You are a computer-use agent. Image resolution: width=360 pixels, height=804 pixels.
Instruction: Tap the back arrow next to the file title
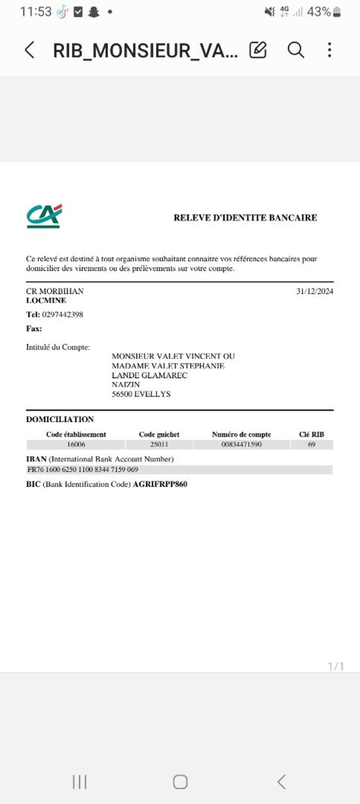tap(30, 50)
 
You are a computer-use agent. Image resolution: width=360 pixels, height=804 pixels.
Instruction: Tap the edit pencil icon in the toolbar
tap(258, 50)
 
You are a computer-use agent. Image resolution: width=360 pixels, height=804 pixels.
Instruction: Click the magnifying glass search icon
tap(295, 50)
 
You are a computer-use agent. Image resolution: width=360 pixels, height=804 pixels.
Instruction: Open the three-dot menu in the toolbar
tap(329, 50)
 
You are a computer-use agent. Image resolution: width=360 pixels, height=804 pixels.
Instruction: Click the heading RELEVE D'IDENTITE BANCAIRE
tap(245, 218)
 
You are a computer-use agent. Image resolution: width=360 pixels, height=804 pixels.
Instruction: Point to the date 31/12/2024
tap(314, 291)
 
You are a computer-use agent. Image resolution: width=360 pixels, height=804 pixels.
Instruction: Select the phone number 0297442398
tap(62, 314)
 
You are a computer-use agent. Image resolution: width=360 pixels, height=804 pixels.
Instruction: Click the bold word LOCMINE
tap(46, 300)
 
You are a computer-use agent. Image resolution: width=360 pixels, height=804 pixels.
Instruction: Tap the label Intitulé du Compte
tap(58, 347)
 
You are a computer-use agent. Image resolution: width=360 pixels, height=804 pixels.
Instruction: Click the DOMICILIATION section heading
tap(60, 419)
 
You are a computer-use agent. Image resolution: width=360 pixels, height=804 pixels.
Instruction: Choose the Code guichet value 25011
tap(159, 444)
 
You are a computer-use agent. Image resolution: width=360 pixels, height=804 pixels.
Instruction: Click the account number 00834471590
tap(241, 444)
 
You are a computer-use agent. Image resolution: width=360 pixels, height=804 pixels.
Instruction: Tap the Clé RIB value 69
tap(311, 444)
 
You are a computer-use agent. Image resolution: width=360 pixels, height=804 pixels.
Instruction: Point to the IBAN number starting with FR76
tap(83, 469)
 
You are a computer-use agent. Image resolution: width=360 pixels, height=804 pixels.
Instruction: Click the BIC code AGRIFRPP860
tap(160, 484)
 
